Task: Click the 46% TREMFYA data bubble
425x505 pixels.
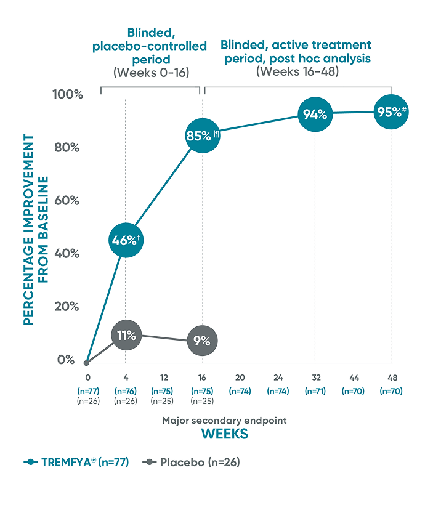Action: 126,240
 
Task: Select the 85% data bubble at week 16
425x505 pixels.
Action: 202,135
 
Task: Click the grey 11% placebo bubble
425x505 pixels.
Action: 126,336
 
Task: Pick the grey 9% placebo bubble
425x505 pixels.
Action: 202,341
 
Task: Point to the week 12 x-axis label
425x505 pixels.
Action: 164,378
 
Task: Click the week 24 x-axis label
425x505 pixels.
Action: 278,378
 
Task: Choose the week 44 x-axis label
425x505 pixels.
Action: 354,378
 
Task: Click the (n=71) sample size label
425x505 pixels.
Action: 316,391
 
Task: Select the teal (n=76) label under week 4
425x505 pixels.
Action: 126,391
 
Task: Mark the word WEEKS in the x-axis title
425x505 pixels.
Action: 225,434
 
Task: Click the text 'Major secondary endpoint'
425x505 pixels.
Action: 225,421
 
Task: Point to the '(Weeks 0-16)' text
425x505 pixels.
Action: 151,72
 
